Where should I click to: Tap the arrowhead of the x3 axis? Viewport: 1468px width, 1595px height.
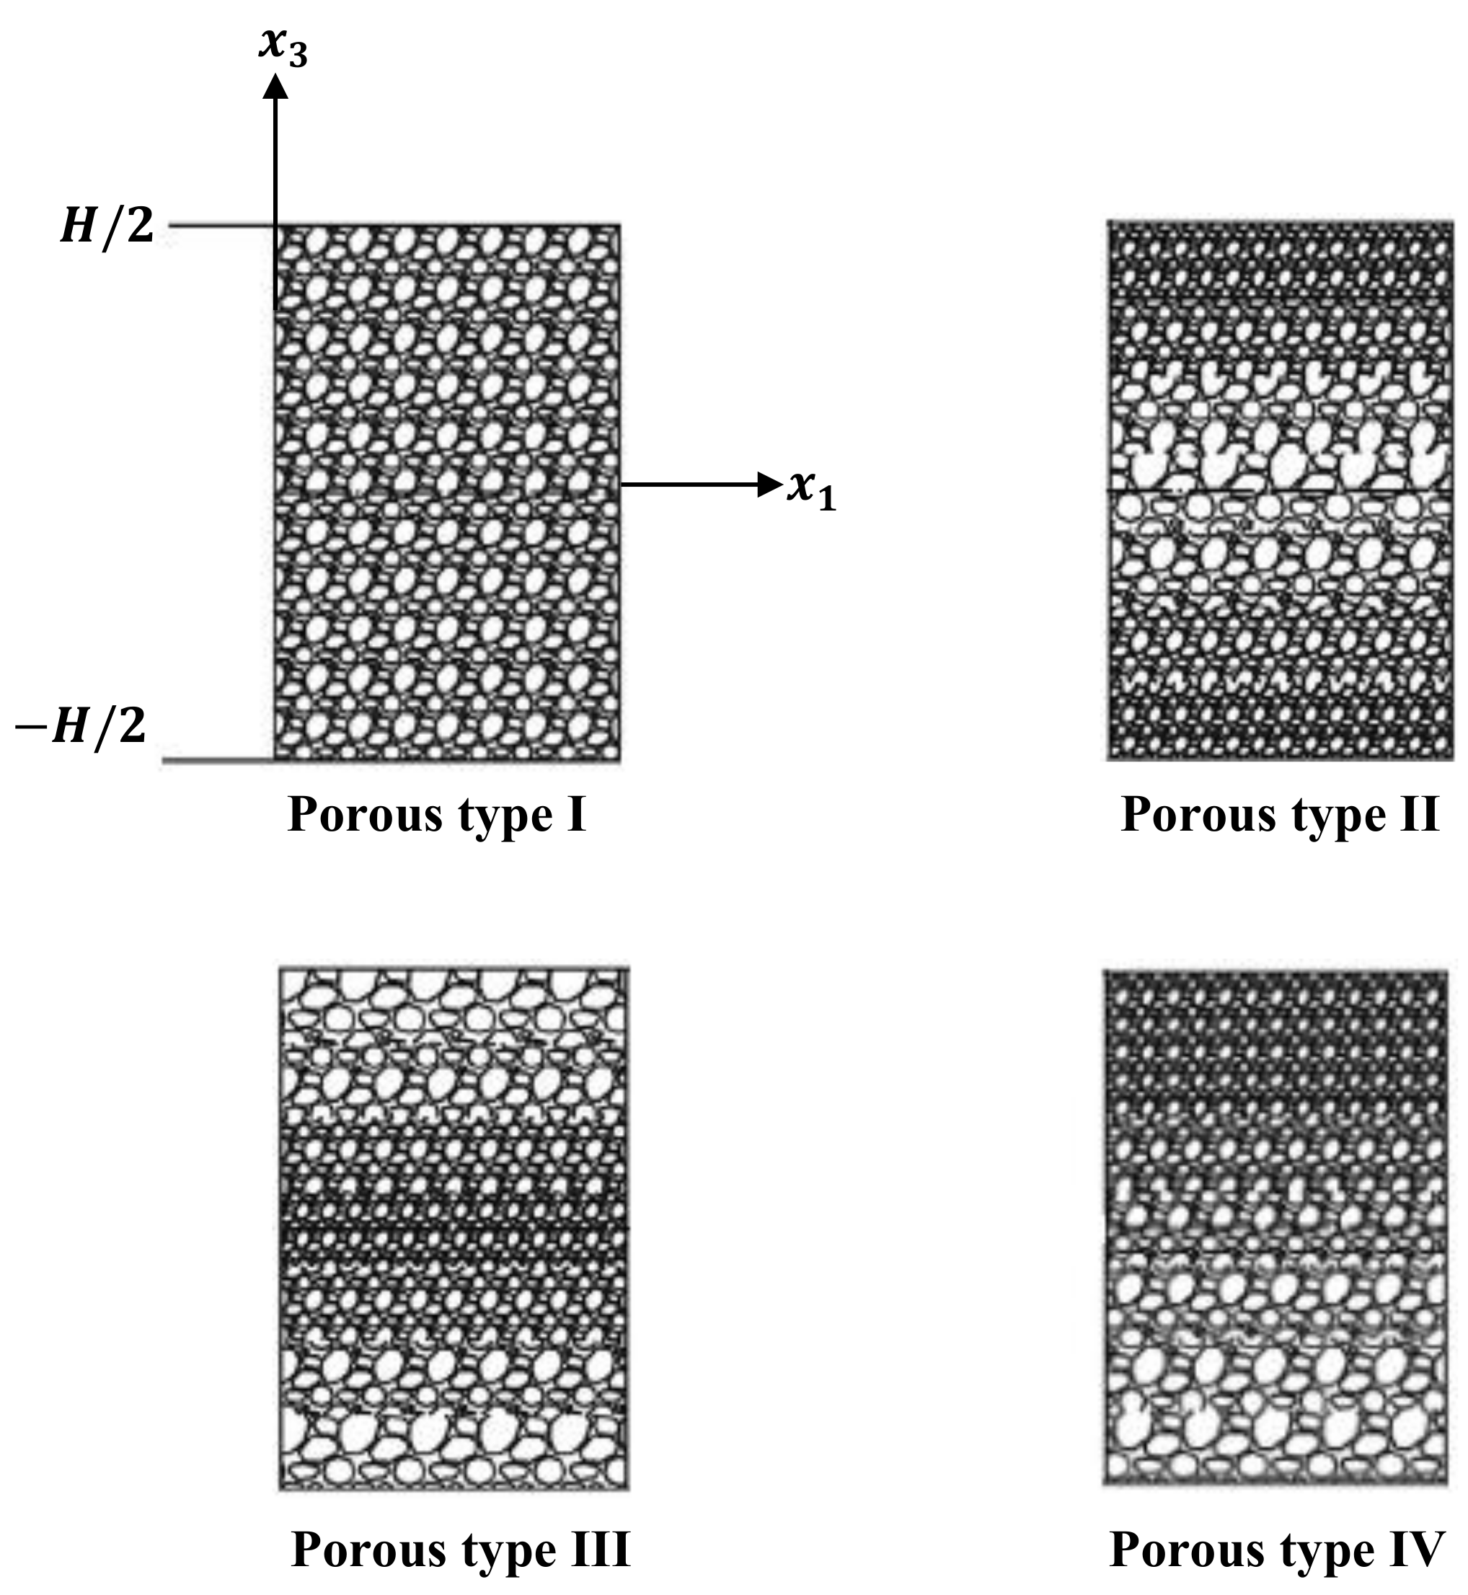275,86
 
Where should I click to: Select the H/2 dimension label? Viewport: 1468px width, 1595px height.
107,227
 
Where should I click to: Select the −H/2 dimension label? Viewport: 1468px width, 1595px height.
81,726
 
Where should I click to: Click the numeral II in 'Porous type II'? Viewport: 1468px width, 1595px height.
1420,815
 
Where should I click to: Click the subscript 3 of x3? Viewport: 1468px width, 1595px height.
298,56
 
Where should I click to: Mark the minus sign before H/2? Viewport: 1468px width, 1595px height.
30,727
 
